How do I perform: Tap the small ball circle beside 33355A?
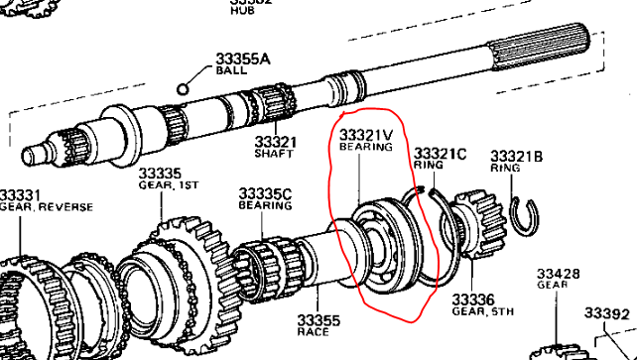[x=184, y=88]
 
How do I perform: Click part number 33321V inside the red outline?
[x=366, y=134]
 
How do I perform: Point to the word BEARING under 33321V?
[x=366, y=147]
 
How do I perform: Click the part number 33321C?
[x=440, y=154]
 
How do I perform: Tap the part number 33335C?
[x=265, y=193]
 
